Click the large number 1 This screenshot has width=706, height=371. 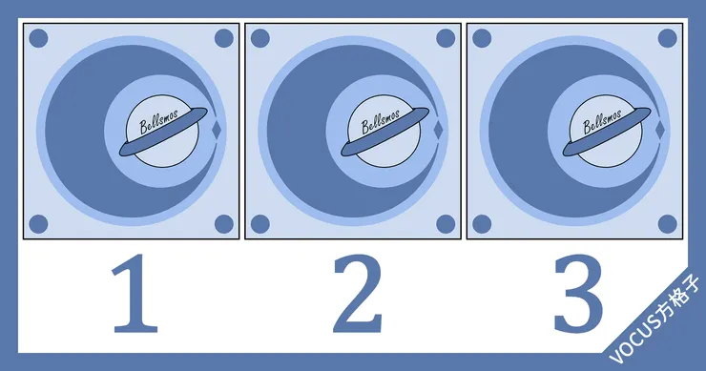(135, 293)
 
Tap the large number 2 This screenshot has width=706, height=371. (358, 293)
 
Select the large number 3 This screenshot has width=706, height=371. (578, 294)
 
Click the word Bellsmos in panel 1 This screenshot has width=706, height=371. (159, 121)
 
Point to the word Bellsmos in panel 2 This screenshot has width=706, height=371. (381, 121)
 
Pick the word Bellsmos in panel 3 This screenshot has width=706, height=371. (602, 121)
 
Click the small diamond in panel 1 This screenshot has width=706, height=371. (217, 130)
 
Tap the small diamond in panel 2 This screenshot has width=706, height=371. (438, 130)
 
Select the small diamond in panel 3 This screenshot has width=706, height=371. (660, 130)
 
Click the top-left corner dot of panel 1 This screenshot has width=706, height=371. (38, 38)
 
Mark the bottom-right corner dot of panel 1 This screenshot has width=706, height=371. (224, 224)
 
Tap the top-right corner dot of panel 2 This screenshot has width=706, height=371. (446, 38)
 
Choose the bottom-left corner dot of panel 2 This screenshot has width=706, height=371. (260, 224)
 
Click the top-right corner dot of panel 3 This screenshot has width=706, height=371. (667, 38)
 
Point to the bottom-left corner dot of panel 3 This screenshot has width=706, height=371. (482, 224)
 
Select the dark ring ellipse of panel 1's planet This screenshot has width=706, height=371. (163, 132)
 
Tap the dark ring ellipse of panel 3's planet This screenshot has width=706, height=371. (607, 132)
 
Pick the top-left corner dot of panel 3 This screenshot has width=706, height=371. (482, 38)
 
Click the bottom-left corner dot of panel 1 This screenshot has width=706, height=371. (38, 224)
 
